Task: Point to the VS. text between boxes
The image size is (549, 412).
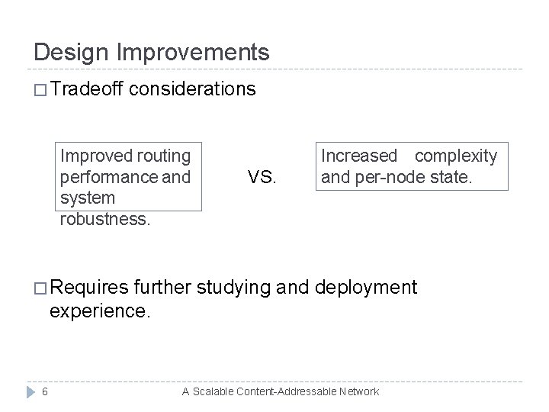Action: tap(263, 178)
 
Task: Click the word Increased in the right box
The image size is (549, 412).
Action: tap(359, 156)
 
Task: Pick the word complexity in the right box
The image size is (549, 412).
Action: tap(455, 156)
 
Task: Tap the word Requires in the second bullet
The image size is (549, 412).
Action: tap(90, 288)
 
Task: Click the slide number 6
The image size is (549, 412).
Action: tap(45, 391)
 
